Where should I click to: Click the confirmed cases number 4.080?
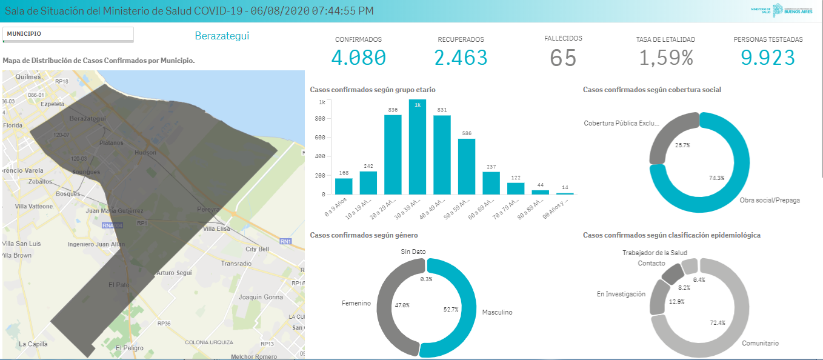358,58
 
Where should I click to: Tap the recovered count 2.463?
461,58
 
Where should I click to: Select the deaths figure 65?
563,58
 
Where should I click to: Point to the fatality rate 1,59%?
665,58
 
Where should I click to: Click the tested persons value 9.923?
768,58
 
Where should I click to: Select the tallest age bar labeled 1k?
418,147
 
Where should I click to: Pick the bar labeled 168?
344,186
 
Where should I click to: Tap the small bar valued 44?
541,192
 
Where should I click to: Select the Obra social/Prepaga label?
770,200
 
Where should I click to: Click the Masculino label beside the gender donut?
497,312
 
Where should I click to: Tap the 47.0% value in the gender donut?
402,305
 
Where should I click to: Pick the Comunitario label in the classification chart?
760,343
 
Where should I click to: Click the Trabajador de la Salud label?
655,253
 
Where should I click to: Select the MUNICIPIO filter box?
68,34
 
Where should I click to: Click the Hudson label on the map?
145,153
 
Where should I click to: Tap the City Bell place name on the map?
257,249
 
